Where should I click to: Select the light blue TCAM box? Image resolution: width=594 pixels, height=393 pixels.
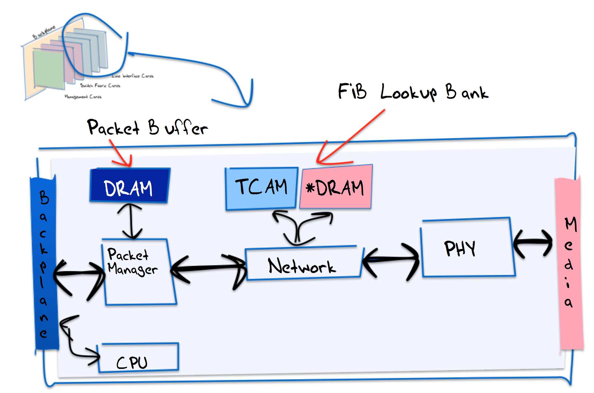(x=261, y=188)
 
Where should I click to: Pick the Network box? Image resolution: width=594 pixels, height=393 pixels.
(x=303, y=264)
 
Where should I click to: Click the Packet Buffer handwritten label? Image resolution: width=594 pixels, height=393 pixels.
(x=147, y=128)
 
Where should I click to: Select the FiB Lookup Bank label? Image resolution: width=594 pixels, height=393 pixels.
(x=413, y=92)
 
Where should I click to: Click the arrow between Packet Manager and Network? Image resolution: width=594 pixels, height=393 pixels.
(x=208, y=268)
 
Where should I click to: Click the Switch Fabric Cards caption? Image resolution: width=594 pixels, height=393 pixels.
(x=100, y=86)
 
